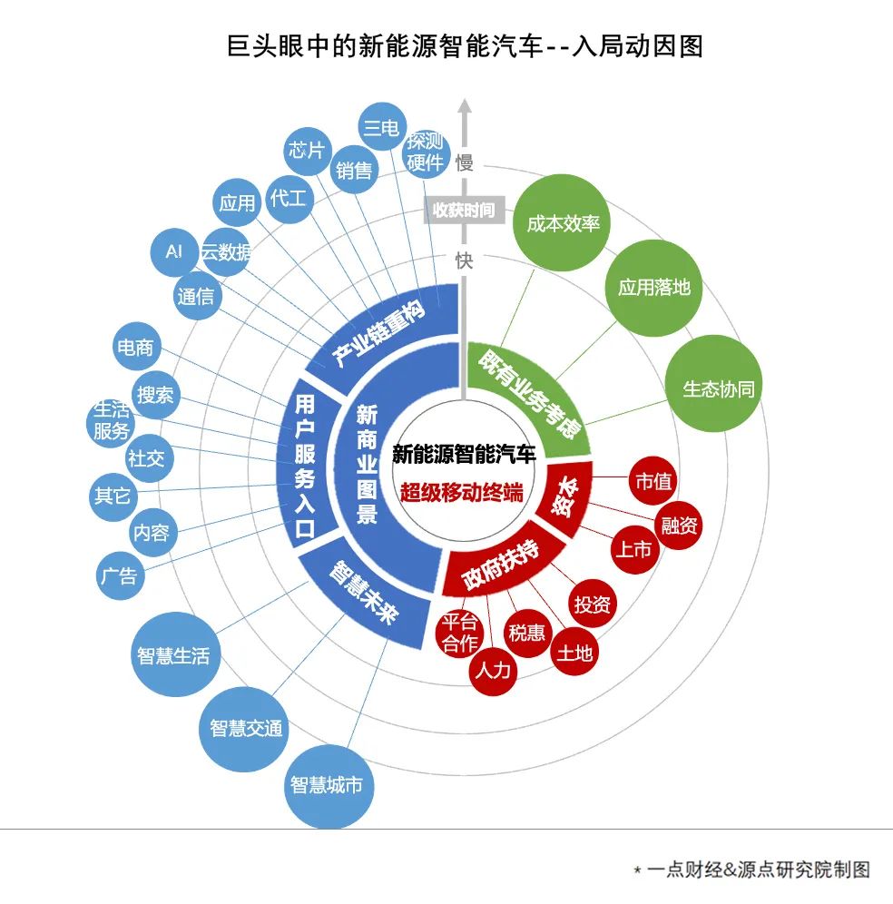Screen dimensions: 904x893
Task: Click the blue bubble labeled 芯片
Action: click(x=307, y=150)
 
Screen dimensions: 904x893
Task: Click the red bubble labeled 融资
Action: click(x=679, y=525)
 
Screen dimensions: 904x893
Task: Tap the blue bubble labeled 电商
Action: click(x=135, y=347)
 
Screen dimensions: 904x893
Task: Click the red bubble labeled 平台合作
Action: click(x=459, y=634)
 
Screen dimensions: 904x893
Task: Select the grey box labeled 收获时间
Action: click(x=464, y=211)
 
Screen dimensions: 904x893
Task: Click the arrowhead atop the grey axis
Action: click(x=465, y=104)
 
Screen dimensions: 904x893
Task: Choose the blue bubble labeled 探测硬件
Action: click(x=426, y=152)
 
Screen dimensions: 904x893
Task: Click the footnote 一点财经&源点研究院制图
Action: click(x=757, y=870)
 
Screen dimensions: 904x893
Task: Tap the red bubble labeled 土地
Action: click(x=574, y=653)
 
